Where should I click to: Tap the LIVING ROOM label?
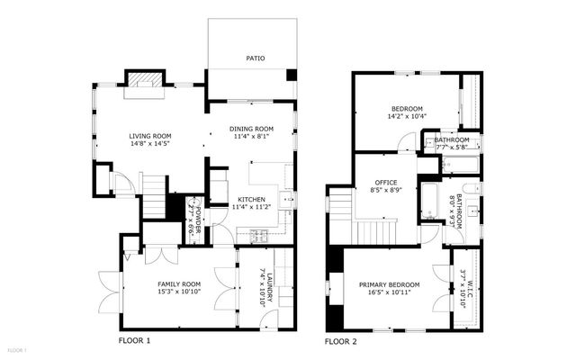[x=149, y=136]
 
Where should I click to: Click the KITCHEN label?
[x=251, y=200]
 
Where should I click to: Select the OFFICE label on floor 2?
[x=386, y=183]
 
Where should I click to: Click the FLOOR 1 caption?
[x=134, y=341]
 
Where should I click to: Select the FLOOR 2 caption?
[x=341, y=342]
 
